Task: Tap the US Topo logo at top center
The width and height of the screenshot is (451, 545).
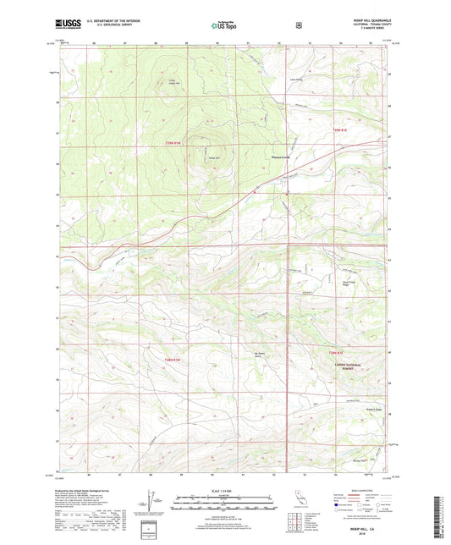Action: coord(224,26)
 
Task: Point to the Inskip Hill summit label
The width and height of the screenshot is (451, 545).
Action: coord(202,157)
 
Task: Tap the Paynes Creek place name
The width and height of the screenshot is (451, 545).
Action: coord(280,155)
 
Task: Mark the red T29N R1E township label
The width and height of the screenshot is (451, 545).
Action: coord(339,129)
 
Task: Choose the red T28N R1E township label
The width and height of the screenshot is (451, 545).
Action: coord(338,351)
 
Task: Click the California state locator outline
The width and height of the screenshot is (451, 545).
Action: coord(297,500)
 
